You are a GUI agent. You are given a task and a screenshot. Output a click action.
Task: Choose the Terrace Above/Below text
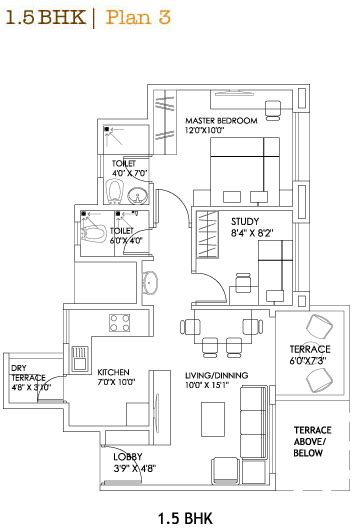click(312, 441)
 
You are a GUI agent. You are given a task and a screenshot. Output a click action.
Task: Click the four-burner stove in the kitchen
click(119, 323)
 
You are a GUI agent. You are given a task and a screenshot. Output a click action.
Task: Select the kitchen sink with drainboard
click(80, 358)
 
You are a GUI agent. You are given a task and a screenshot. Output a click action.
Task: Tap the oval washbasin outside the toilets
click(150, 283)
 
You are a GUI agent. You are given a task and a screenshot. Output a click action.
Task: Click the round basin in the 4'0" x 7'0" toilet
click(138, 195)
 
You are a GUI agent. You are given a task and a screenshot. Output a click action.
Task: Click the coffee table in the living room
click(213, 419)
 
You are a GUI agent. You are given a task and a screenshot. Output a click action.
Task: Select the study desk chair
click(243, 283)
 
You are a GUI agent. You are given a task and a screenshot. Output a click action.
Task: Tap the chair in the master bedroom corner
click(272, 110)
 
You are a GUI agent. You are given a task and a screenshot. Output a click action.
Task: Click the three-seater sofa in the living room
click(254, 423)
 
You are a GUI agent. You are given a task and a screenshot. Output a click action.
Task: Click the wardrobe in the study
click(207, 234)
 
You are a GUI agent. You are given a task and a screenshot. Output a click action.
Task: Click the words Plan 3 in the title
click(138, 18)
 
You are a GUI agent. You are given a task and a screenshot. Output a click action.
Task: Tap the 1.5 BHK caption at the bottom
click(185, 518)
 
